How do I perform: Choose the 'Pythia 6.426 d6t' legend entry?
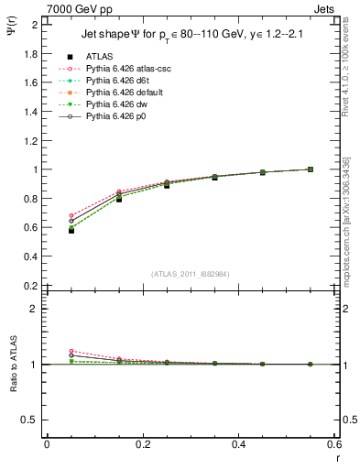(x=116, y=81)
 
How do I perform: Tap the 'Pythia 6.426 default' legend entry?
(x=123, y=93)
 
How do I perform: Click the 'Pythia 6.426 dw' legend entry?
(x=115, y=104)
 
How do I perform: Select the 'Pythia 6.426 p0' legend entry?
(x=115, y=116)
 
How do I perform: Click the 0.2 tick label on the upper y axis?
(x=31, y=286)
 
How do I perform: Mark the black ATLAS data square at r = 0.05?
(x=71, y=230)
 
